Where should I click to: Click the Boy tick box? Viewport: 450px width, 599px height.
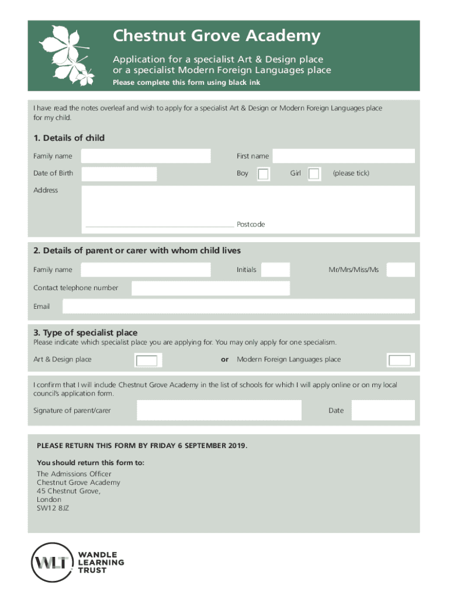click(264, 174)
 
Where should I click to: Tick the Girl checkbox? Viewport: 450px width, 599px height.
click(314, 174)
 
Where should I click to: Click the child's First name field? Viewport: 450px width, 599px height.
click(344, 156)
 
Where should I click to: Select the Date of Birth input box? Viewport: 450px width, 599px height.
click(119, 174)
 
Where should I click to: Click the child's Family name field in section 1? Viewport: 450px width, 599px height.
click(146, 156)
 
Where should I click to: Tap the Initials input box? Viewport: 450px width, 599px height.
click(275, 270)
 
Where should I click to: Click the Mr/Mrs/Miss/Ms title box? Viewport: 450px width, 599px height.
click(401, 270)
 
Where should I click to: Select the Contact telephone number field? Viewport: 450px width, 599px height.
click(210, 288)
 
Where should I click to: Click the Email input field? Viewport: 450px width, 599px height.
click(238, 307)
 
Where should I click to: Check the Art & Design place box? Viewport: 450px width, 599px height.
click(147, 360)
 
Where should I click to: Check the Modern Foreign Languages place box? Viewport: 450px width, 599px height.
click(400, 360)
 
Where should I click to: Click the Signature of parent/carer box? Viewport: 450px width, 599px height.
click(219, 411)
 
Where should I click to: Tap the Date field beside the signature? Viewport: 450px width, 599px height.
click(383, 411)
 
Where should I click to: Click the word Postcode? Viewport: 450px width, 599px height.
click(251, 225)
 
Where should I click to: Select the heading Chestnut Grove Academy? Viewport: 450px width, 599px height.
click(217, 37)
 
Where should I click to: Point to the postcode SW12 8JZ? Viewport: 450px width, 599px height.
click(53, 508)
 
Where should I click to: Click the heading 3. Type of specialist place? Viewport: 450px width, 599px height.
click(85, 333)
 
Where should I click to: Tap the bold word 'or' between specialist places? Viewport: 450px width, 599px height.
click(224, 360)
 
